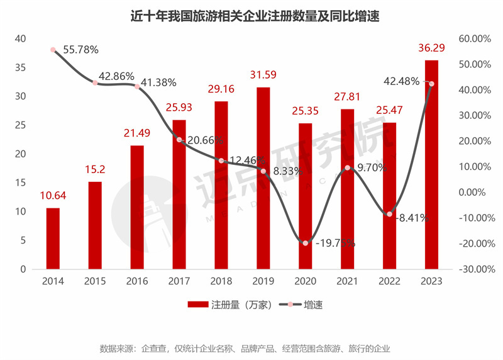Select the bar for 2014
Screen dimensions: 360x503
click(53, 239)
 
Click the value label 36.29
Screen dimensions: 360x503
click(431, 48)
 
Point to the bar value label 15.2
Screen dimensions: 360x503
click(95, 169)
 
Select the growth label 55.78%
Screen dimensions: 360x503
click(80, 48)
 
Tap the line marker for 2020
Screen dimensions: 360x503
click(306, 243)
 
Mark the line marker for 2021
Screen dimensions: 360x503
click(348, 167)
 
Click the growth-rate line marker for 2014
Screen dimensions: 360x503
click(53, 50)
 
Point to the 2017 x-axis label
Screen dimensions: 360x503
click(179, 281)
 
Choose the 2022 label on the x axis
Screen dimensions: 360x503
click(389, 281)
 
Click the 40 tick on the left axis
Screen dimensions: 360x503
click(21, 39)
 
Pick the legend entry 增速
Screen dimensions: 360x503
click(305, 305)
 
